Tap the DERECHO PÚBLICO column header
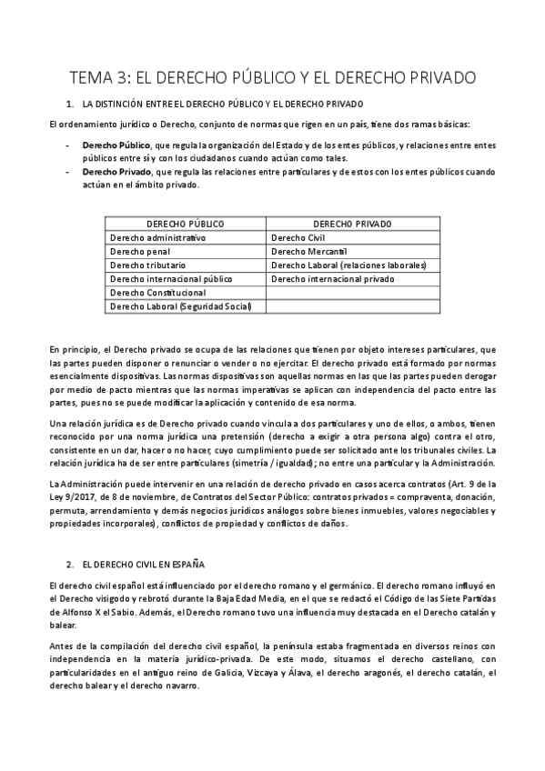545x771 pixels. tap(186, 223)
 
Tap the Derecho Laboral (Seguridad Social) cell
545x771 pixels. tap(180, 306)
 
